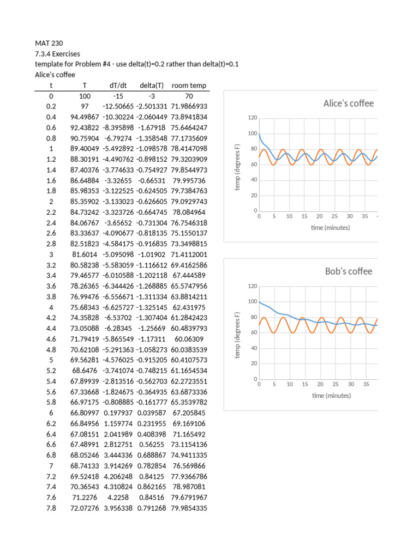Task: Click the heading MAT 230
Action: coord(46,43)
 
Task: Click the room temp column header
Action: coord(189,85)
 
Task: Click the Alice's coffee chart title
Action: coord(348,103)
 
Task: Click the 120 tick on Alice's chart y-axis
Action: coord(252,118)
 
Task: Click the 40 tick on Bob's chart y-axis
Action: coord(253,348)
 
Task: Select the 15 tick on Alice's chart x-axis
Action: coord(304,216)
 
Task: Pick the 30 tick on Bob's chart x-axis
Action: coord(351,384)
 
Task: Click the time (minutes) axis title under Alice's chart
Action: coord(330,227)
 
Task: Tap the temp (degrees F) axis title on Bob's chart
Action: coord(237,335)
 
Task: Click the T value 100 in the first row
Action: coord(84,95)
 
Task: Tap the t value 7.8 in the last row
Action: coord(51,508)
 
